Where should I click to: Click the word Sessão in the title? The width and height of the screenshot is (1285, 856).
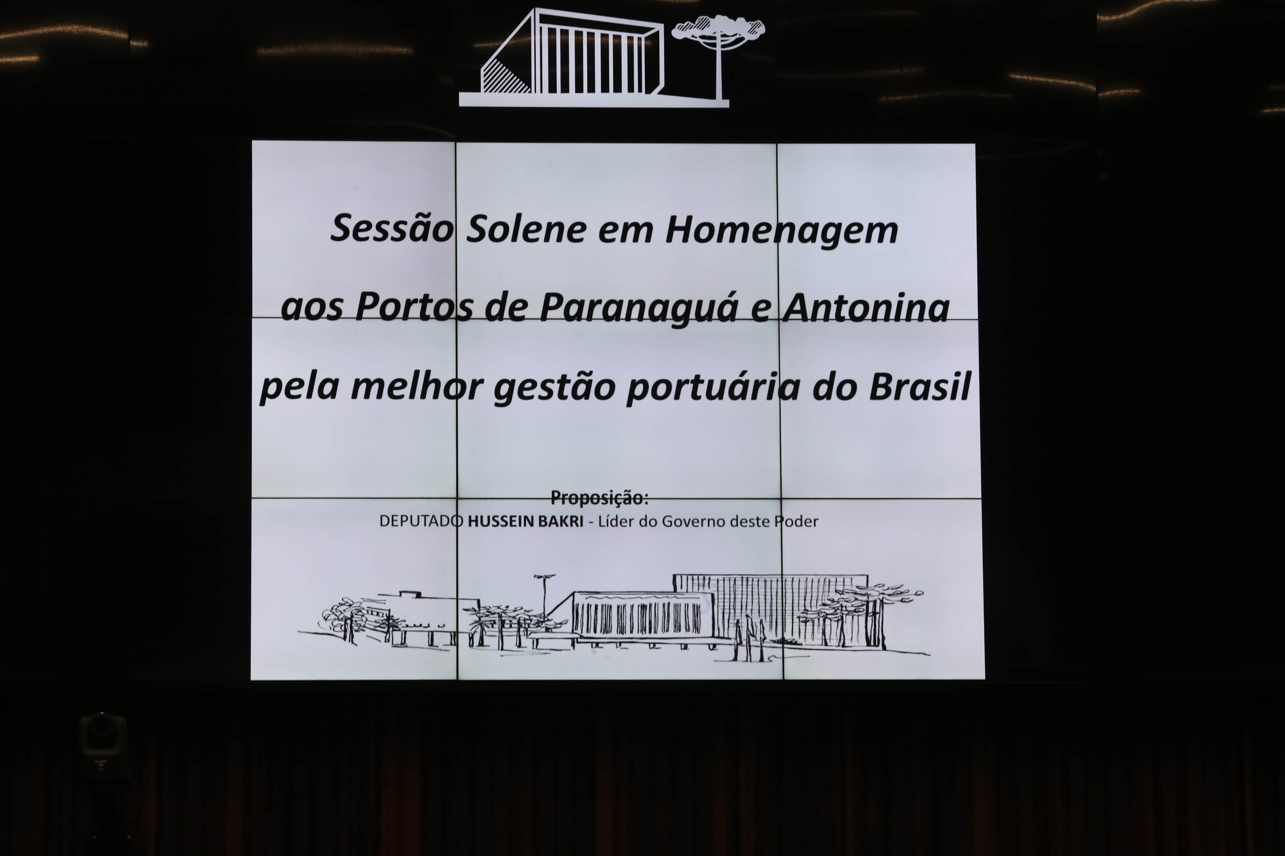[392, 228]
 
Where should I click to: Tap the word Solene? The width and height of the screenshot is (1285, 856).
[527, 228]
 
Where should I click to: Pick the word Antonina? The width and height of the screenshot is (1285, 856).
[866, 307]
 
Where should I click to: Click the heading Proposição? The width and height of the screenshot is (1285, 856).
[599, 498]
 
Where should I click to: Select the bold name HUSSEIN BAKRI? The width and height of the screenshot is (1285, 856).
[526, 521]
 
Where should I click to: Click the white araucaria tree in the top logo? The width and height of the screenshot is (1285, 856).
[718, 57]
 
